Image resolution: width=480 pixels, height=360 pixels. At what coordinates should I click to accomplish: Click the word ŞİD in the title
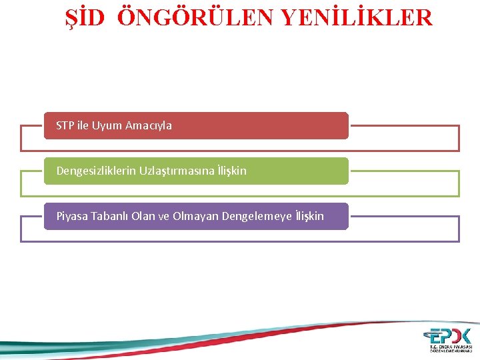(x=85, y=17)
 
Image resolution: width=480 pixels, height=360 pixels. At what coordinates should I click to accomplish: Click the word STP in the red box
(x=65, y=125)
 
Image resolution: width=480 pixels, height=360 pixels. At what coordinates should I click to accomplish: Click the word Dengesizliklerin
(x=96, y=171)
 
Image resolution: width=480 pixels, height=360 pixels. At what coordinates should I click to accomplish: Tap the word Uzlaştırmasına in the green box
(x=177, y=171)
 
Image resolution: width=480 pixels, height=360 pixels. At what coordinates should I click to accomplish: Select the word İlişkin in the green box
(x=231, y=171)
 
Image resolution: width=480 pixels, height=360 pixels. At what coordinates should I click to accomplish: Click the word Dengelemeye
(x=256, y=216)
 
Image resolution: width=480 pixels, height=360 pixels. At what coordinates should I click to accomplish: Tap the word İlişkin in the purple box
(x=309, y=216)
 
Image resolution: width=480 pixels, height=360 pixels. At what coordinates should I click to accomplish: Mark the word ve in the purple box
(x=164, y=216)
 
